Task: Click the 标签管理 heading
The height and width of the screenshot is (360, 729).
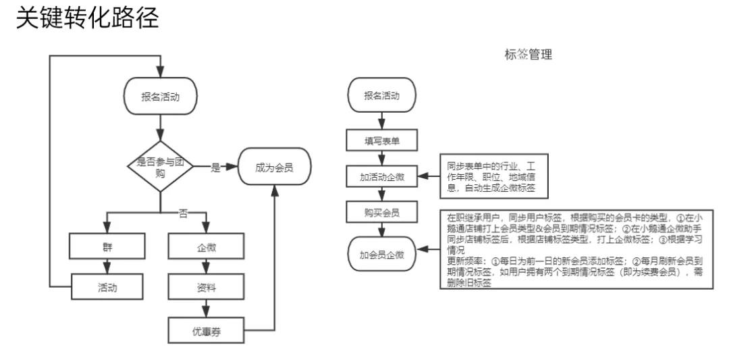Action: point(528,55)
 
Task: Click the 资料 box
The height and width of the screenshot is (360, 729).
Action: point(207,287)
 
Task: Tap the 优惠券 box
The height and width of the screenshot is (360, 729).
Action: point(207,330)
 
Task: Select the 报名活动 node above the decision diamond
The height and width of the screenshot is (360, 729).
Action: point(160,97)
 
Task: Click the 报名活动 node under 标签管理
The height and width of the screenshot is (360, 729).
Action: point(381,95)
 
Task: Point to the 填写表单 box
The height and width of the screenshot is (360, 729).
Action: point(381,140)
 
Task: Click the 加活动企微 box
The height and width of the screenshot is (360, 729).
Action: point(381,177)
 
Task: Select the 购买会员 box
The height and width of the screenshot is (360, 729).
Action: point(381,213)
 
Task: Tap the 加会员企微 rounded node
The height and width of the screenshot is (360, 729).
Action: point(381,255)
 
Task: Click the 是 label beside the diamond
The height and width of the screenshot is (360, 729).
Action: point(215,168)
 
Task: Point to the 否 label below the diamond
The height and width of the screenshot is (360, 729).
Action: point(182,213)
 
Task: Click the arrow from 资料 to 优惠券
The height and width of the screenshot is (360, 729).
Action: point(207,308)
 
